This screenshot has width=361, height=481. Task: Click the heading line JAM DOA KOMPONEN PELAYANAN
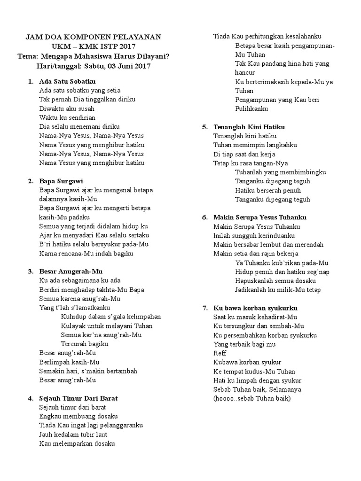point(93,37)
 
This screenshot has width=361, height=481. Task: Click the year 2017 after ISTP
point(124,47)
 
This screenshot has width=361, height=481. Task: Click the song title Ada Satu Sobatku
point(68,81)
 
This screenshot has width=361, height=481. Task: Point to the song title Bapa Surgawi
point(61,181)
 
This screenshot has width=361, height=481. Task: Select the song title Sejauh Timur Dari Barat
point(78,398)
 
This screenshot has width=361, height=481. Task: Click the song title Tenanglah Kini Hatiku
point(249,127)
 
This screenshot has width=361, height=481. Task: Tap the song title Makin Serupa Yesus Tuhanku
point(260,217)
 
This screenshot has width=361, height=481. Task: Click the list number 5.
point(205,127)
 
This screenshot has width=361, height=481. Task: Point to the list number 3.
point(30,272)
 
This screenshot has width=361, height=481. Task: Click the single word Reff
point(220,353)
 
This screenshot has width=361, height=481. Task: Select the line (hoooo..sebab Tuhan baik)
point(252,399)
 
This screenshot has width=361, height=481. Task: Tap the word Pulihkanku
point(251,109)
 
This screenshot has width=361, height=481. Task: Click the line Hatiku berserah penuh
point(268,190)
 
